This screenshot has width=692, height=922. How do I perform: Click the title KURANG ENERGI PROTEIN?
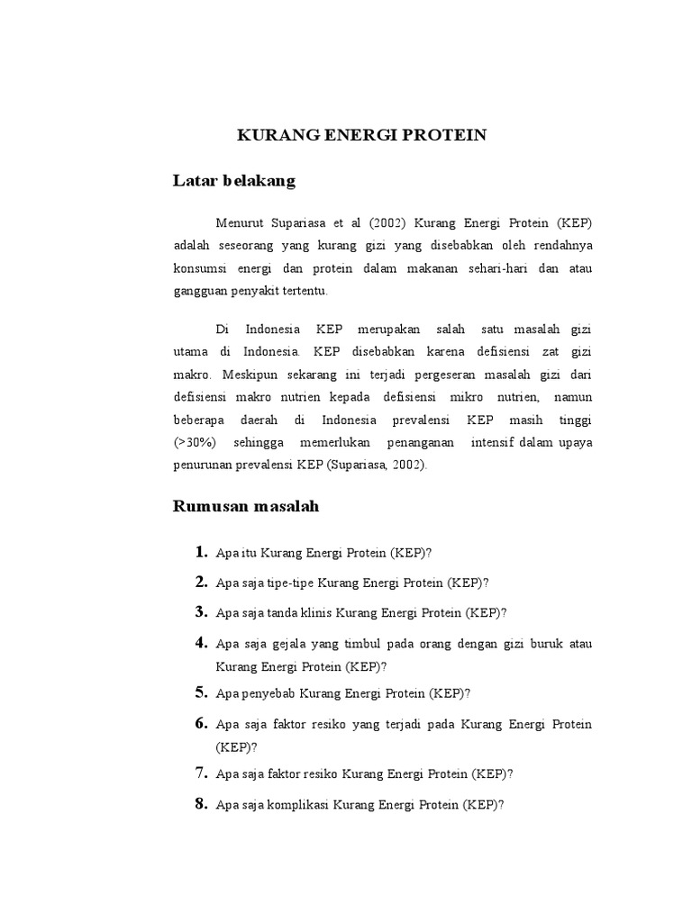[361, 135]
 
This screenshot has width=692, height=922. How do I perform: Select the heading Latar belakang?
[233, 181]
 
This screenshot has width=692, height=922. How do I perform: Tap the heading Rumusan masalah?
[245, 506]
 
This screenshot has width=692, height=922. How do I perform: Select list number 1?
[202, 552]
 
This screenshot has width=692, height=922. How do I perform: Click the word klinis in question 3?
[316, 613]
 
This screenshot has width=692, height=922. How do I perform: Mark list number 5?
[202, 692]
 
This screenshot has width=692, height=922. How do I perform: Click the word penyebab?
[268, 693]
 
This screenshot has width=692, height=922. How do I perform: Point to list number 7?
[202, 773]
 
